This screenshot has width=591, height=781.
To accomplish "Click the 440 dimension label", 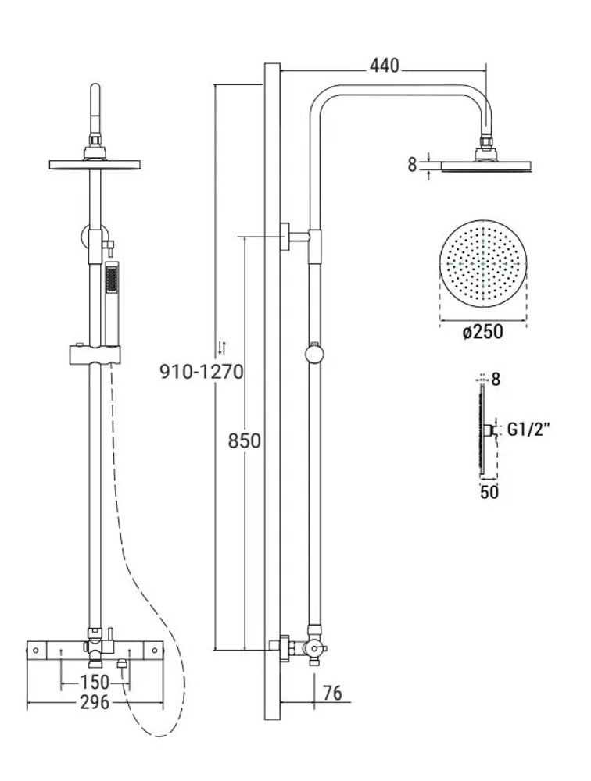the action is [x=384, y=66].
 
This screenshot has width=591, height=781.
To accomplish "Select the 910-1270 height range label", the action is [x=201, y=372].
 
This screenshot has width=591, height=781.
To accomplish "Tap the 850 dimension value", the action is [x=245, y=440].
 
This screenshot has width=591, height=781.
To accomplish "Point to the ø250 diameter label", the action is [x=482, y=332].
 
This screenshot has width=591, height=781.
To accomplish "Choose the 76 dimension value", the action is [x=333, y=693].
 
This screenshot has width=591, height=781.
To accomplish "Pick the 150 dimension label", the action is [x=95, y=681].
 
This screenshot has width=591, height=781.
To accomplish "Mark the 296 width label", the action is [x=95, y=702].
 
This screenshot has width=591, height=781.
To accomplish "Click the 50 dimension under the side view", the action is [x=489, y=492].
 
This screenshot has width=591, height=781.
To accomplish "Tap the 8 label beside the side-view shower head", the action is [x=412, y=165].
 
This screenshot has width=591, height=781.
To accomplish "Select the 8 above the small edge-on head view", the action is [x=496, y=380].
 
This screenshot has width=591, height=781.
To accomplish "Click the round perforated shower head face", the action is [x=483, y=263].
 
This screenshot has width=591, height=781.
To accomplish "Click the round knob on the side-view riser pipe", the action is [x=314, y=354].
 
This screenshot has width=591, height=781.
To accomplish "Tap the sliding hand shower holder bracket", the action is [x=95, y=354].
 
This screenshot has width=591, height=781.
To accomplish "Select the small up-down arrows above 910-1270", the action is [x=223, y=348].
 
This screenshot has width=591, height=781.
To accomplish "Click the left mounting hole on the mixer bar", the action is [x=35, y=651].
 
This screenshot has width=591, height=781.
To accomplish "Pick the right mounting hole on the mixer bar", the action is [x=155, y=651].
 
